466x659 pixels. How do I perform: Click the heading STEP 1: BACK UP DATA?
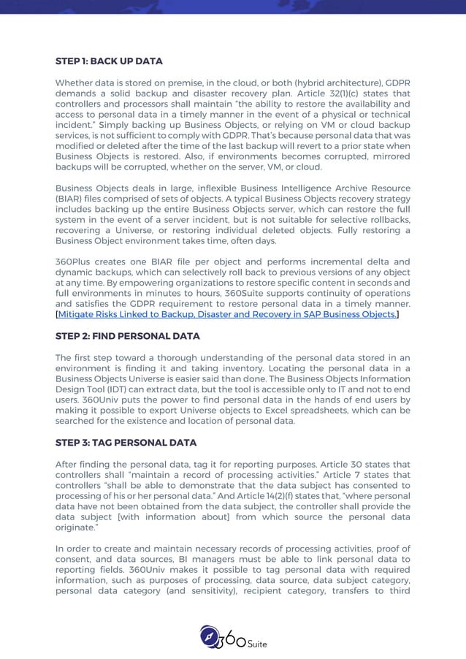tap(109, 61)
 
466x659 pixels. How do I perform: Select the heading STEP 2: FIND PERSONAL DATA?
tap(127, 336)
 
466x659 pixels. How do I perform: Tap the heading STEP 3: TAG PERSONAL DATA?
tap(126, 443)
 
